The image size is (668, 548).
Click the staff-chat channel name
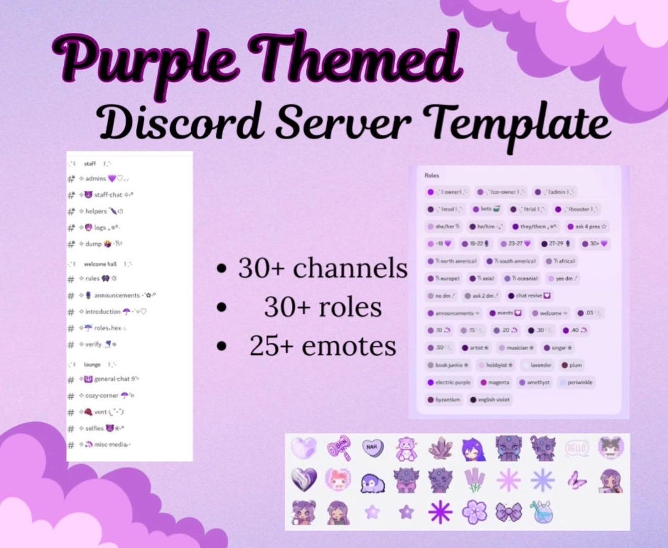pos(108,195)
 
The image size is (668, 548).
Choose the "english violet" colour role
pos(490,400)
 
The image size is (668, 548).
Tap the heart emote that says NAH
pos(372,447)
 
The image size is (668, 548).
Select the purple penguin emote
pos(372,480)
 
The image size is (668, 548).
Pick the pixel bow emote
pos(509,512)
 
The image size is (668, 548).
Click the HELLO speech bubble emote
pos(576,447)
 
